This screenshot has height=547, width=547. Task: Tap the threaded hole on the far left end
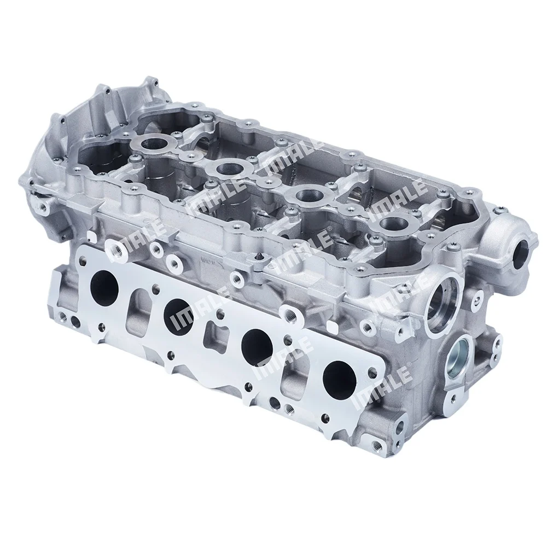click(42, 208)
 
